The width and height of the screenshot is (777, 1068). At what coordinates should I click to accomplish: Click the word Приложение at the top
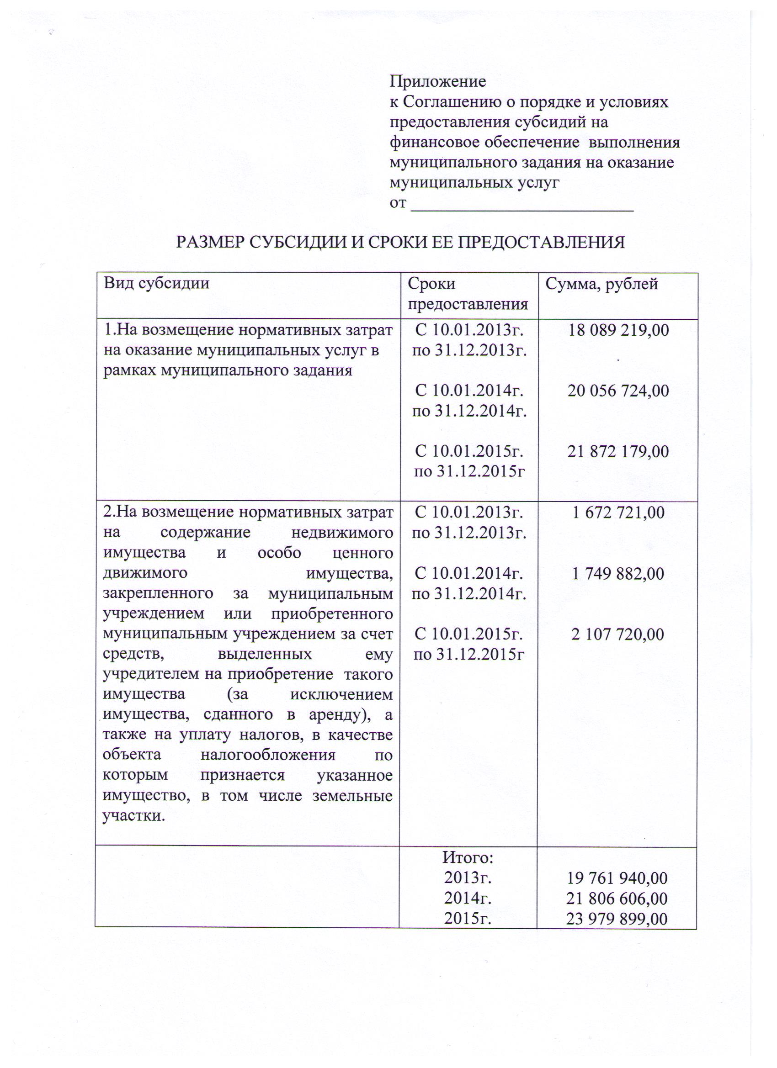click(438, 82)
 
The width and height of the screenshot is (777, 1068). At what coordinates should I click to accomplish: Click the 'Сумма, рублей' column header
click(601, 284)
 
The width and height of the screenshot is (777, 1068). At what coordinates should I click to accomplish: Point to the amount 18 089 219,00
click(618, 331)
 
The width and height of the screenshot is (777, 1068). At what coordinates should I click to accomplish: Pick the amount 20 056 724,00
click(618, 391)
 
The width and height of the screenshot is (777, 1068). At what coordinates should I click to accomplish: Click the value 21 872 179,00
click(618, 452)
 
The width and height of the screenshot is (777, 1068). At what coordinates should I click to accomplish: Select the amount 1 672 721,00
click(618, 513)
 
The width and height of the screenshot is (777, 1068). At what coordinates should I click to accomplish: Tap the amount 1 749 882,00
click(618, 574)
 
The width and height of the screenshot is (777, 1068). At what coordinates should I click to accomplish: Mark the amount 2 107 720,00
click(617, 635)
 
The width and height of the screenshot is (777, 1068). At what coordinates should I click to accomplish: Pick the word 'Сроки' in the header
click(431, 284)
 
